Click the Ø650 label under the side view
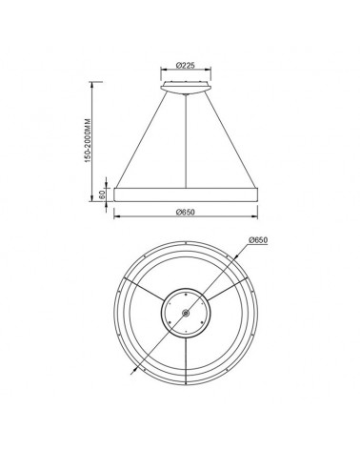tap(187, 213)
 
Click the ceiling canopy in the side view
tap(187, 88)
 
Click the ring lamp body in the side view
tap(187, 193)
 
